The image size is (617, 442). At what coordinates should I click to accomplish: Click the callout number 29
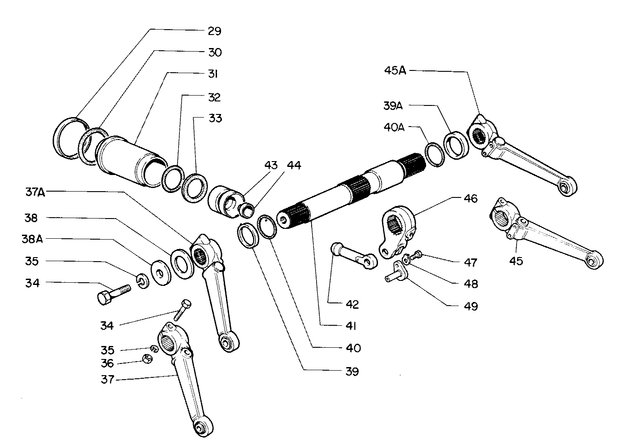point(214,31)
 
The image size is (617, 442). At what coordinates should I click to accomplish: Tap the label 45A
point(395,70)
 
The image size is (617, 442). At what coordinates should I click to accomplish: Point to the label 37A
point(35,193)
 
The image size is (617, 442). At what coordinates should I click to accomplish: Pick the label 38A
point(32,239)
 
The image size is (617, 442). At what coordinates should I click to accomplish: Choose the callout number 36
point(107,363)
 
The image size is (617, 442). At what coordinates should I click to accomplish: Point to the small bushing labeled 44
point(247,209)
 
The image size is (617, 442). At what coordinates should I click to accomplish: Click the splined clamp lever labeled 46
point(399,229)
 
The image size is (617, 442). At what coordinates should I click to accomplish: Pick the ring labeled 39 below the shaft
point(248,235)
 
